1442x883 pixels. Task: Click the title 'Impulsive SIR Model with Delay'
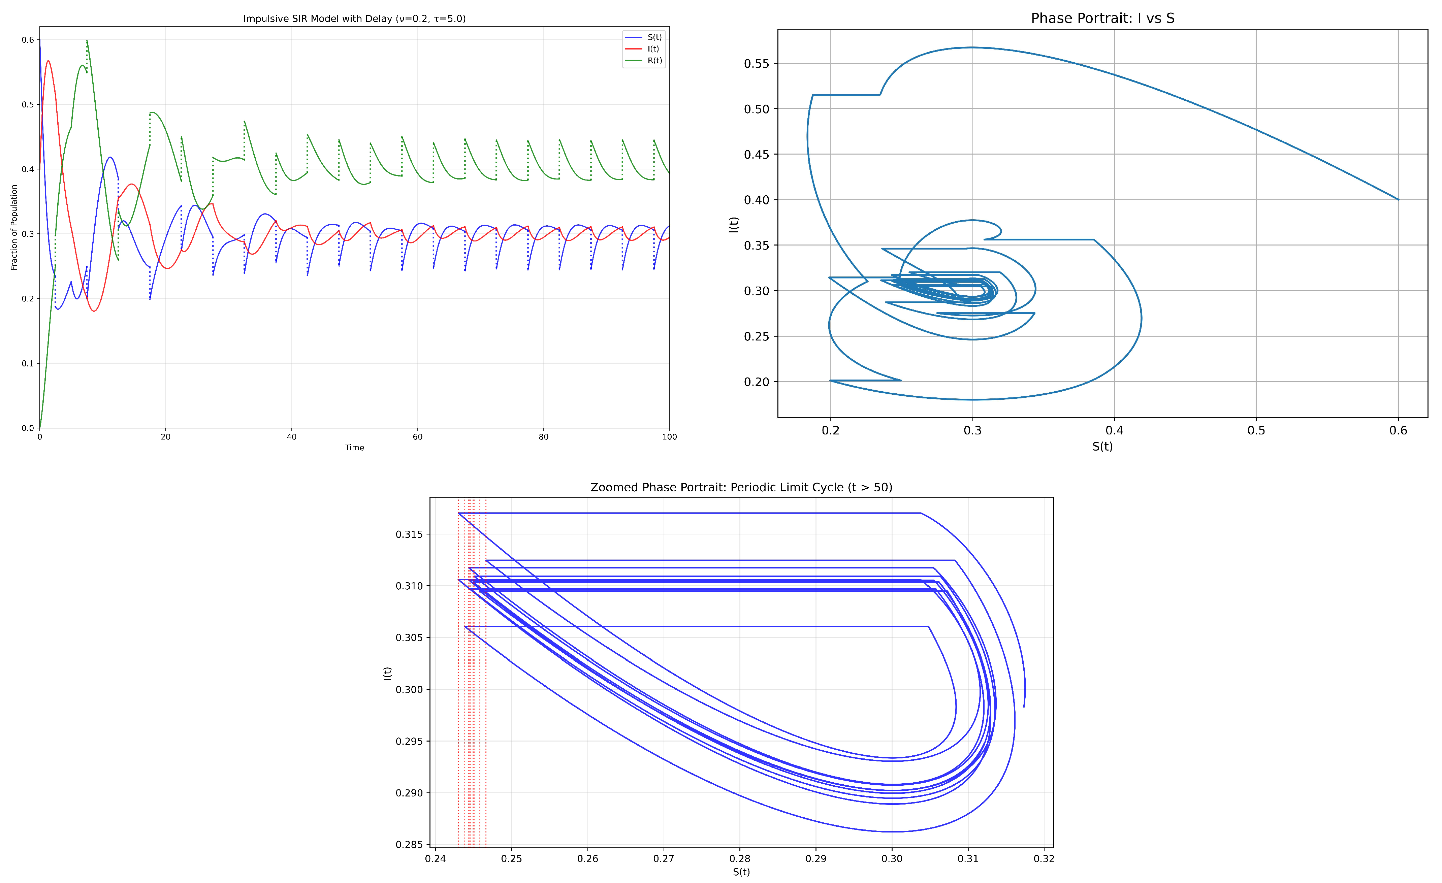354,19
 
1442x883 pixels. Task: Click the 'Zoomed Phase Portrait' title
741,487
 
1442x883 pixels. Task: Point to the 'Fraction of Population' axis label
14,227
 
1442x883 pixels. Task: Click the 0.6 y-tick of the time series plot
28,40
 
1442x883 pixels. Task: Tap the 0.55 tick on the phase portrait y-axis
756,64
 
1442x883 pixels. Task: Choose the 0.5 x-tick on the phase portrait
1256,431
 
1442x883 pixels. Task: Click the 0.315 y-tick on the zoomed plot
409,534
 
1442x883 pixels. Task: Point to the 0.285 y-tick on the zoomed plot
409,844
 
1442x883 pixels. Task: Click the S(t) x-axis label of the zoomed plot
741,872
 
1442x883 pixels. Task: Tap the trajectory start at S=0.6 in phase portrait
1398,200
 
